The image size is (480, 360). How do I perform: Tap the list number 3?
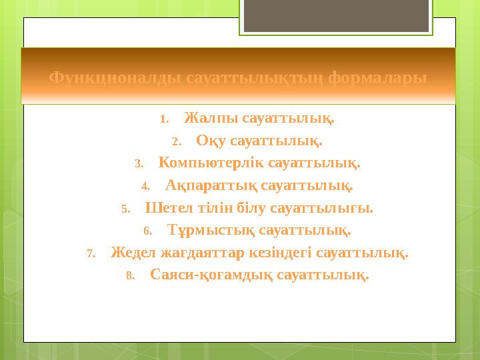(139, 164)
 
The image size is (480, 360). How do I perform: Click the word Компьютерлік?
(211, 163)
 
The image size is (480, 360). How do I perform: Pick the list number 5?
(125, 209)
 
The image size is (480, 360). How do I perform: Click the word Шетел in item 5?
(163, 208)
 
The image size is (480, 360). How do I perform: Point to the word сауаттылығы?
(322, 208)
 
